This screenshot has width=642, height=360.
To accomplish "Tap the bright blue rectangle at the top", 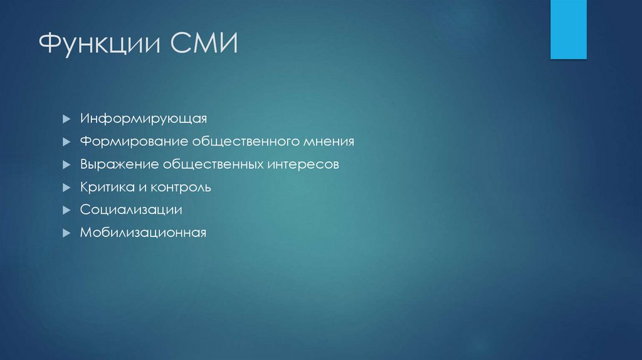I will [568, 29].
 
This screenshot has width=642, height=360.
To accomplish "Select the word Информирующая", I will [143, 119].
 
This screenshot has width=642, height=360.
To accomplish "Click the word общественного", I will [244, 142].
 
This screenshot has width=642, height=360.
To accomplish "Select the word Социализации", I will [131, 210].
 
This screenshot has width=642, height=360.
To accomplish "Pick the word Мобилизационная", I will [143, 233].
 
